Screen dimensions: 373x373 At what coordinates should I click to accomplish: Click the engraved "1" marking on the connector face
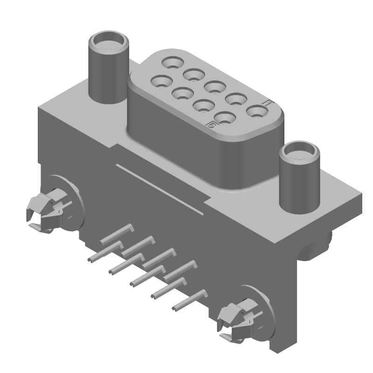(267, 104)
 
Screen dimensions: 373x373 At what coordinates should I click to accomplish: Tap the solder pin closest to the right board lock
(189, 301)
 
